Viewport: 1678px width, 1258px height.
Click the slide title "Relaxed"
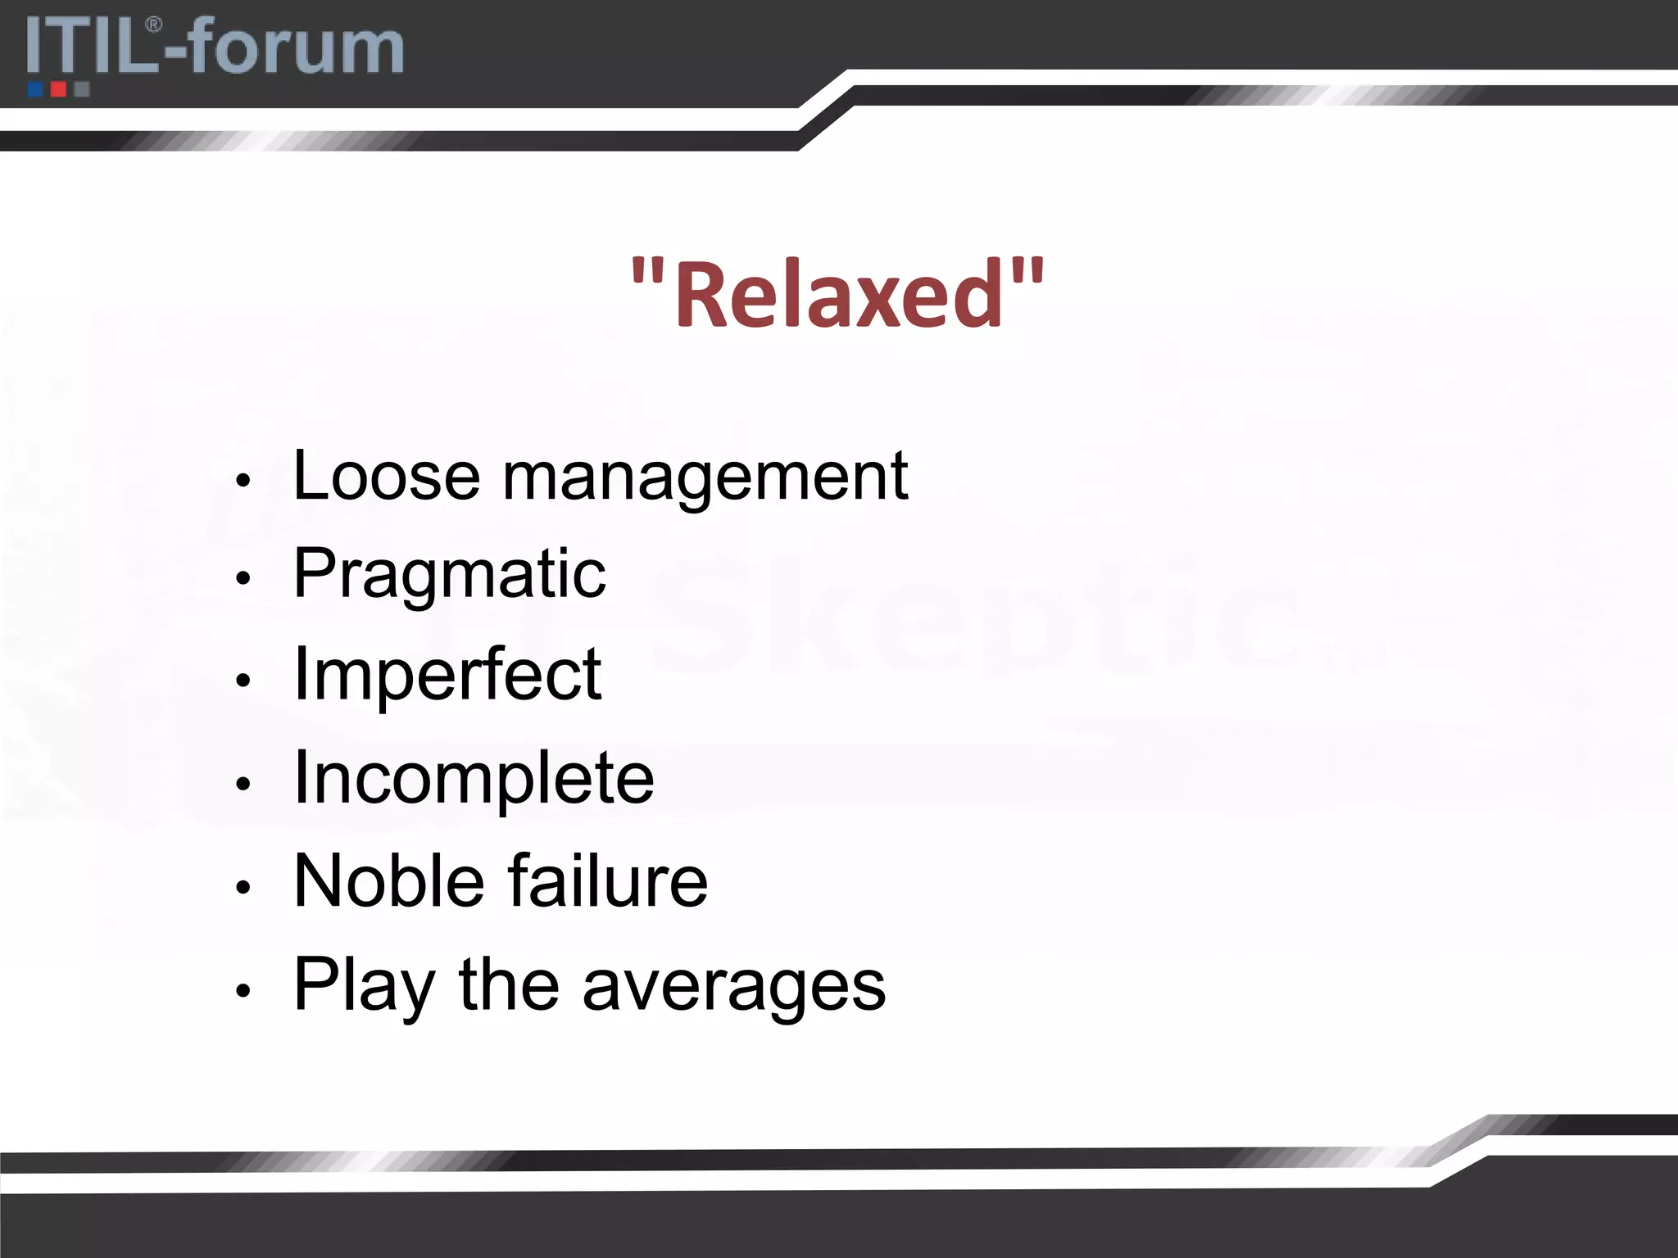837,294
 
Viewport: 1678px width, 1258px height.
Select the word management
705,477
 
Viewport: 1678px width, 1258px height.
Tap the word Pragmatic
449,575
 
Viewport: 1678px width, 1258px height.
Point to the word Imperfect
447,677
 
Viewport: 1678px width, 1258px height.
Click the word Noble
389,881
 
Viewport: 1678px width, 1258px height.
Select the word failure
607,881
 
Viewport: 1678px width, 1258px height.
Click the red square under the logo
58,88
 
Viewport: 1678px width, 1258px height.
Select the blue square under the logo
35,88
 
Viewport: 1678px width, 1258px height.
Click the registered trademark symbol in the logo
153,25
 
